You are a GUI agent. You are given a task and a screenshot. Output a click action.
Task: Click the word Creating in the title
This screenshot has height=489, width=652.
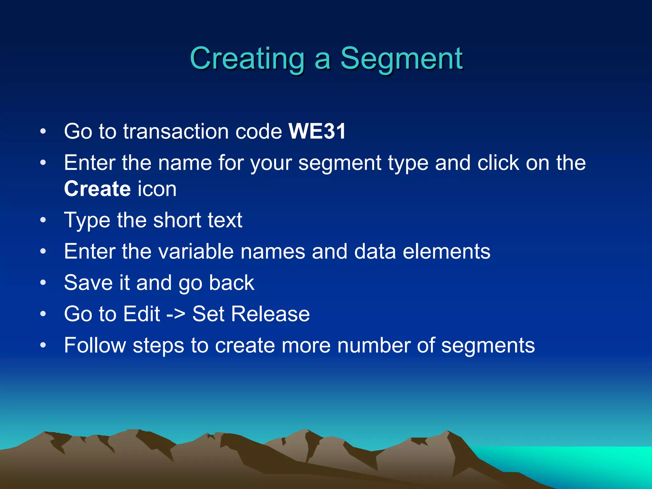[x=247, y=59]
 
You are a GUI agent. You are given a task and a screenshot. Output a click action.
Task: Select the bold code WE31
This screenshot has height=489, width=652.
[x=317, y=131]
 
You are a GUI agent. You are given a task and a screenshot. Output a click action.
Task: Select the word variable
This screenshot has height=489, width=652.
[x=196, y=252]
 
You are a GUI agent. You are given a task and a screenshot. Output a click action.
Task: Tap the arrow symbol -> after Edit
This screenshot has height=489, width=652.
[x=176, y=314]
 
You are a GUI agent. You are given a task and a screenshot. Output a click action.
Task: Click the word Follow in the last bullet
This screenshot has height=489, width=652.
[x=95, y=345]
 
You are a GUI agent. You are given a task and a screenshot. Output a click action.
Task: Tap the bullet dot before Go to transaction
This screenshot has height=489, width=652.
[x=43, y=131]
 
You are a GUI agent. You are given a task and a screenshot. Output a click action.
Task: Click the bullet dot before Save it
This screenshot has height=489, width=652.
[x=43, y=283]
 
